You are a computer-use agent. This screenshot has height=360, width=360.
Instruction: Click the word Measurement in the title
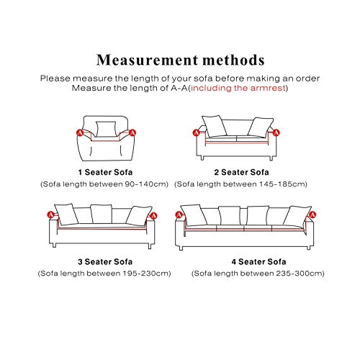point(147,60)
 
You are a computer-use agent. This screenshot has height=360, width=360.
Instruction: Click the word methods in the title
point(233,60)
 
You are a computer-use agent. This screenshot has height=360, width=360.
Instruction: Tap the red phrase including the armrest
point(238,88)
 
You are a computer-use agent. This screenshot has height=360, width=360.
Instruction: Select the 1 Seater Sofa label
point(105,172)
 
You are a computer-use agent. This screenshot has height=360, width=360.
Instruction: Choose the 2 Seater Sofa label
point(241,172)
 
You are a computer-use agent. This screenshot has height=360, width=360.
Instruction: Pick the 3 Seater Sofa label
point(105,261)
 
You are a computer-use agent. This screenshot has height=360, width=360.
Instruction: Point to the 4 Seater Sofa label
point(258,261)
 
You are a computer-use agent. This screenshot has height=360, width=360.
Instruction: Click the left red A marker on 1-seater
point(80,132)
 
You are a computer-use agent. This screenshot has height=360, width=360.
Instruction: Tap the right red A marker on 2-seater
point(276,132)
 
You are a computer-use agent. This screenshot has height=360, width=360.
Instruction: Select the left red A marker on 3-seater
point(50,215)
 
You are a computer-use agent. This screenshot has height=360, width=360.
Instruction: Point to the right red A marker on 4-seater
point(312,215)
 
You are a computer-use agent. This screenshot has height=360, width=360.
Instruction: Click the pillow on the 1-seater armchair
point(106,129)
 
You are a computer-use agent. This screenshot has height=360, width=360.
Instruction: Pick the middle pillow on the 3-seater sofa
point(102,214)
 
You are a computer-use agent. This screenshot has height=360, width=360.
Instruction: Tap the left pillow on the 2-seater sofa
point(215,126)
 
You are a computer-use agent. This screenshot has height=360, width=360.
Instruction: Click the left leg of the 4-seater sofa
point(181,248)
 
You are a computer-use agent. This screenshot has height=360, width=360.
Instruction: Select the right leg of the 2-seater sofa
point(271,158)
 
